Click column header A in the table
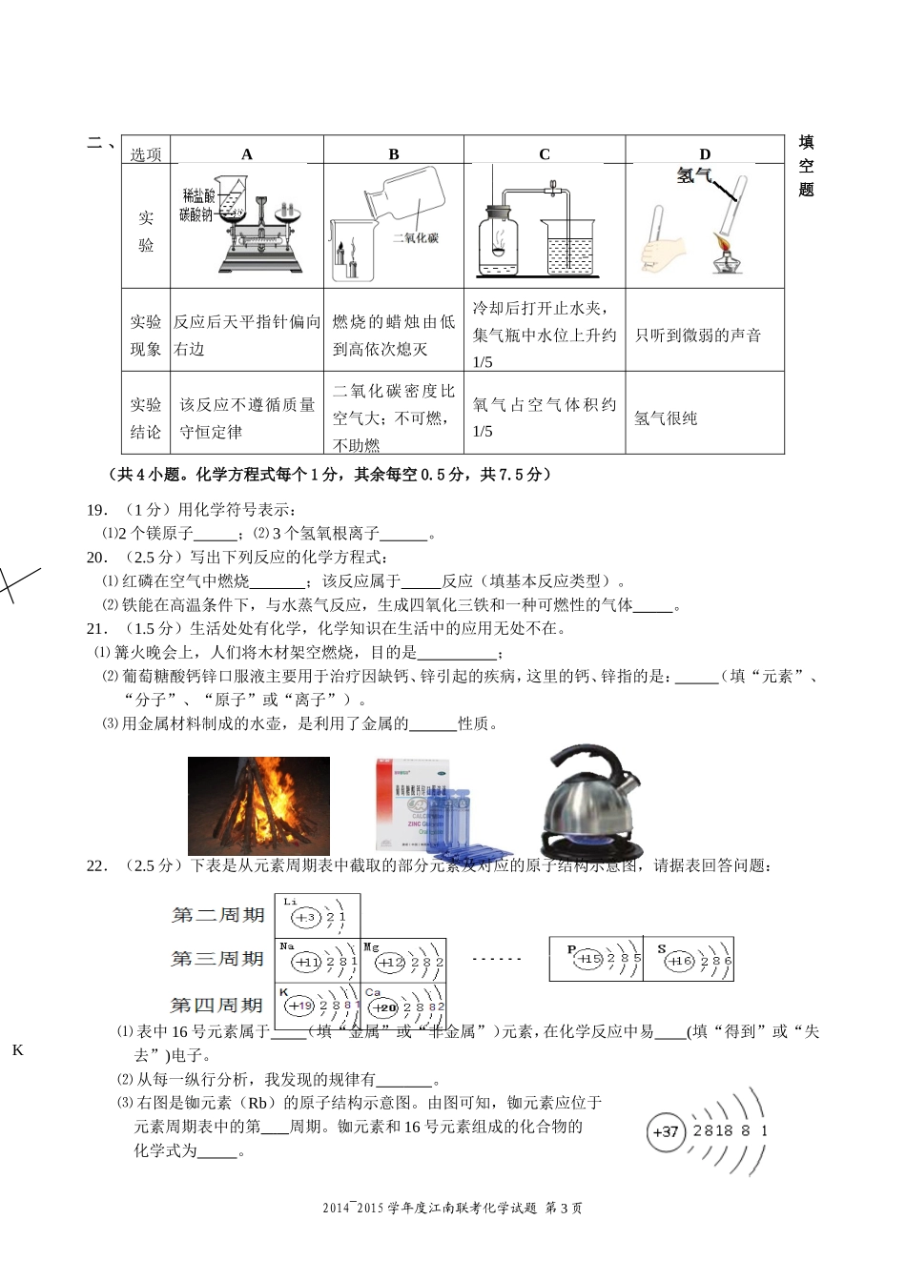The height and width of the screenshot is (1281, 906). (x=247, y=154)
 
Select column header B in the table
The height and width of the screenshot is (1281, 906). (x=394, y=154)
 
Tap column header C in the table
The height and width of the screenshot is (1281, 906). (x=545, y=154)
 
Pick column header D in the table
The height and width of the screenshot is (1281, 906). (x=705, y=154)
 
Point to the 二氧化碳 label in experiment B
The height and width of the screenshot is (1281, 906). (x=416, y=238)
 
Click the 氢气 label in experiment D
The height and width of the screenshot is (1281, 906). (x=693, y=175)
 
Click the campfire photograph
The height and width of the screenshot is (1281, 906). (x=258, y=805)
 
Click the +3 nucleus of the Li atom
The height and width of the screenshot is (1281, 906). (x=304, y=918)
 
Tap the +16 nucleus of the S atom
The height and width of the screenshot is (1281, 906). (x=680, y=961)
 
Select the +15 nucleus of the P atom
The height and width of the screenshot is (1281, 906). (x=587, y=959)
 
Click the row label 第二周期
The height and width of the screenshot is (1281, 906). (x=217, y=915)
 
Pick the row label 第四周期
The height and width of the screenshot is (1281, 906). (x=216, y=1005)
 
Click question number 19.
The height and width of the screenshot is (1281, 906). (x=95, y=510)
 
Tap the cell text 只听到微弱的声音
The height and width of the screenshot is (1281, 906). (x=698, y=335)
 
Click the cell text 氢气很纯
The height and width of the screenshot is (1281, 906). (x=666, y=418)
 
